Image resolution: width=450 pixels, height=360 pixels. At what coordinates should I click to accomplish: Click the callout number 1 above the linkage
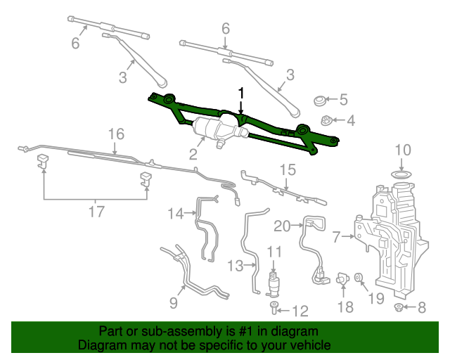(x=241, y=93)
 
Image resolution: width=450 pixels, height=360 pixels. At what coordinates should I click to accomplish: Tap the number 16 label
(x=116, y=134)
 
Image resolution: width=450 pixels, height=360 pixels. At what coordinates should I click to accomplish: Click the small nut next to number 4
(x=326, y=121)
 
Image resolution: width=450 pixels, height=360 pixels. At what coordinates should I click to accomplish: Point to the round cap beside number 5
(x=320, y=100)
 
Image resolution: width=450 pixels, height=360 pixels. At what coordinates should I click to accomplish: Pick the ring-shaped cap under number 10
(x=401, y=173)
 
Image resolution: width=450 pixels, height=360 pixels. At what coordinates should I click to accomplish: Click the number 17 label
(x=96, y=210)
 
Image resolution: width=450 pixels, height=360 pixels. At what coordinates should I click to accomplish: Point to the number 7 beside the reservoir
(x=336, y=237)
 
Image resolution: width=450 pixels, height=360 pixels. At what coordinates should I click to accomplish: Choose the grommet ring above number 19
(x=359, y=279)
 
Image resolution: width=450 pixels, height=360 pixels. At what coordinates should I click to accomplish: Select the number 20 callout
(x=281, y=226)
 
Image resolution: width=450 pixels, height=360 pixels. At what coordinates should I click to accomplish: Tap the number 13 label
(x=234, y=265)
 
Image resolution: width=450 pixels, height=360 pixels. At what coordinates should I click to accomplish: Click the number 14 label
(x=175, y=213)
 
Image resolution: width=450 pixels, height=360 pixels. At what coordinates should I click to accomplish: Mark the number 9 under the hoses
(x=174, y=304)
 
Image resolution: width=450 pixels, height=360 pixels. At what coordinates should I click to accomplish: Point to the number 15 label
(x=289, y=169)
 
